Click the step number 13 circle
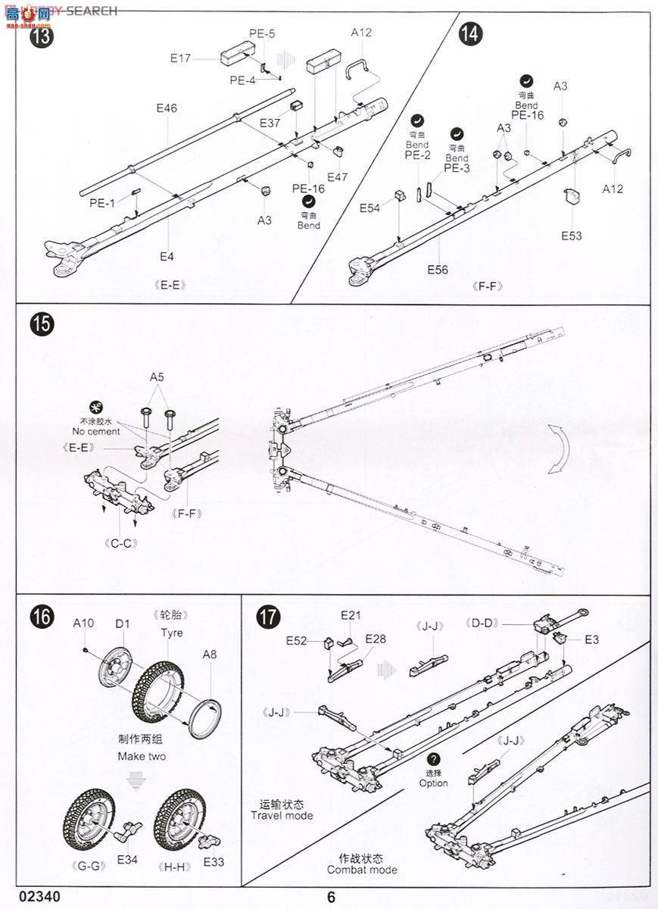tap(42, 36)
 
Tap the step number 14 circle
tap(470, 33)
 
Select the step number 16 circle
tap(42, 617)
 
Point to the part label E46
tap(167, 108)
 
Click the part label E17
tap(181, 58)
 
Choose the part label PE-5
tap(262, 33)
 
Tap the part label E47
tap(338, 176)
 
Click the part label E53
tap(572, 236)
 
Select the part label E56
tap(438, 270)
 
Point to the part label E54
tap(370, 208)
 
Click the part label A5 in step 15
tap(157, 376)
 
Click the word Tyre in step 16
tap(171, 633)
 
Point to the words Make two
tap(142, 756)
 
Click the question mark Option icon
tap(433, 761)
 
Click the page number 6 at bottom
tap(331, 897)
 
